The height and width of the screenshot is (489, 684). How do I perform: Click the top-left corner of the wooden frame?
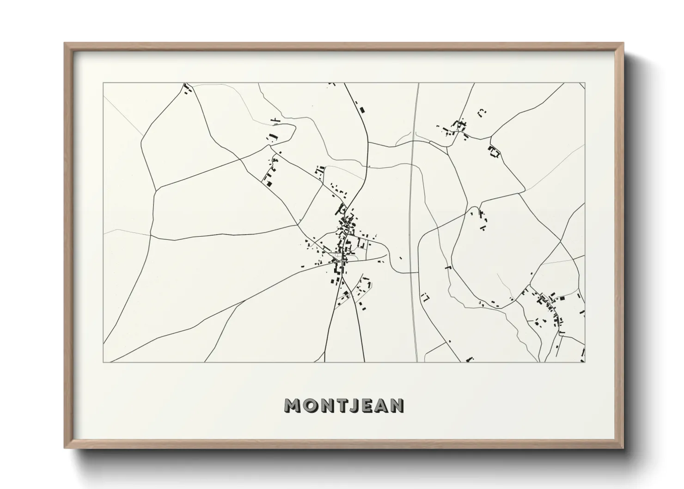coord(65,43)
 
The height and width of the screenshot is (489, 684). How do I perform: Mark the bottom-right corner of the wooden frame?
coord(622,447)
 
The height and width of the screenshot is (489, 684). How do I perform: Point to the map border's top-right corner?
coord(585,83)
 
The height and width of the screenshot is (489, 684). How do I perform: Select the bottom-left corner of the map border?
coord(103,362)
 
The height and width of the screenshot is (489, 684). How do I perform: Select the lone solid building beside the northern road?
coord(362,110)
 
